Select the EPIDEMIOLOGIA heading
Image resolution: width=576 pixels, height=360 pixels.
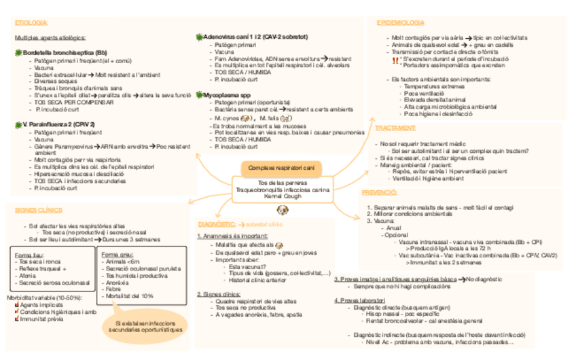(x=401, y=23)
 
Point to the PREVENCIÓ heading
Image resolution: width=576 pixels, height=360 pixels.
(x=380, y=192)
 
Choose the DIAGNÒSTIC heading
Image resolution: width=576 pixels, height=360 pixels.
(x=217, y=224)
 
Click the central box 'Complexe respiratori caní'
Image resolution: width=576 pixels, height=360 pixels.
(x=281, y=168)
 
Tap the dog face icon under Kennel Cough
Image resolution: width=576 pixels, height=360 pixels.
(x=282, y=211)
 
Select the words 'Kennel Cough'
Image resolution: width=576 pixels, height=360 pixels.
(x=281, y=197)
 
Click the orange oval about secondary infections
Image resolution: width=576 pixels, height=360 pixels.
(x=145, y=326)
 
